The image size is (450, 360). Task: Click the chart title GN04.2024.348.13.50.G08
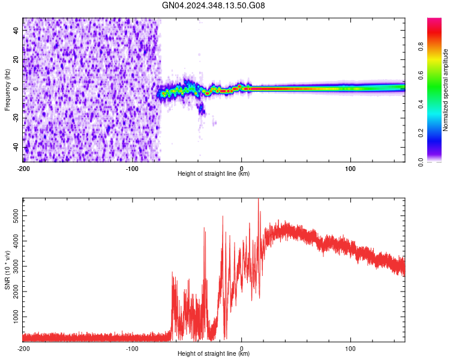tap(214, 5)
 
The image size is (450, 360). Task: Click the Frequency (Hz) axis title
tap(7, 89)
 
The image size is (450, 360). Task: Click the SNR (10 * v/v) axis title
tap(7, 269)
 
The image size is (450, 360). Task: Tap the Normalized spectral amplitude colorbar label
tap(445, 90)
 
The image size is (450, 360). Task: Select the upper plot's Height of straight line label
tap(214, 173)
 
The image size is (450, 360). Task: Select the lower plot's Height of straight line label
tap(214, 353)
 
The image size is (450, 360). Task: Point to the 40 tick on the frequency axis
tap(16, 31)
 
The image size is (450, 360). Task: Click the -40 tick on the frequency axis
tap(14, 147)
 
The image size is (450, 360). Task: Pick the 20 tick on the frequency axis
tap(16, 60)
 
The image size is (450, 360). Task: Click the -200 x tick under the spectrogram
tap(23, 167)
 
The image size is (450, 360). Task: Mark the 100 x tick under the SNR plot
tap(350, 347)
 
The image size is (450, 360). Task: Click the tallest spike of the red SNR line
tap(259, 200)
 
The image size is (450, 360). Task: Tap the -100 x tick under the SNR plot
tap(133, 347)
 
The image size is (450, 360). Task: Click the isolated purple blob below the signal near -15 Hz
tap(202, 109)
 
